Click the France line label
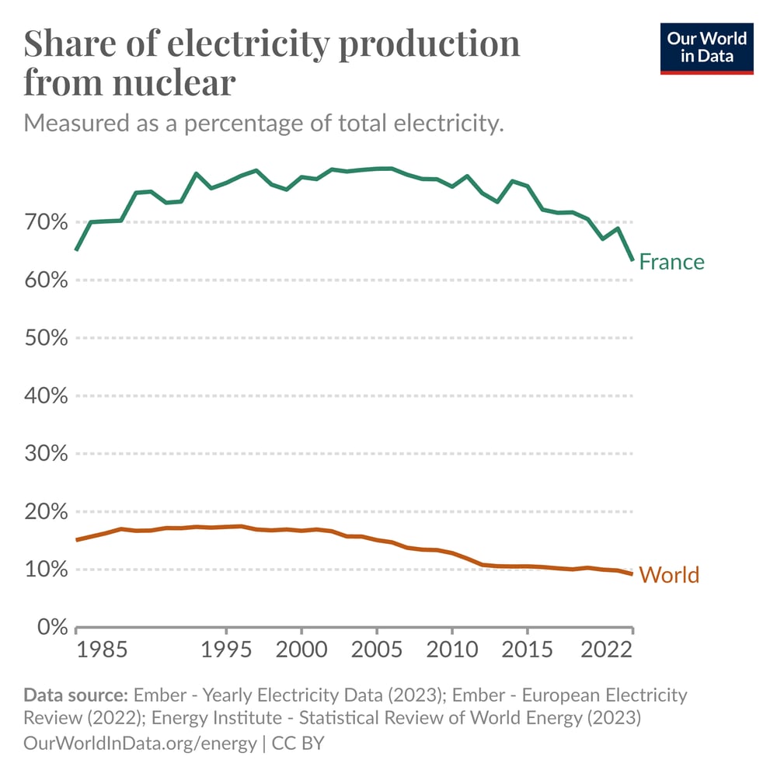click(x=671, y=262)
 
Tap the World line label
click(x=669, y=576)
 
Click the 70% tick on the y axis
click(x=46, y=222)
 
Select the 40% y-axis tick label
click(x=46, y=395)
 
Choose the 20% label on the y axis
click(x=46, y=511)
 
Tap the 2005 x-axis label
click(x=377, y=650)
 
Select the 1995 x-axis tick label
click(x=226, y=650)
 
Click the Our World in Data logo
click(x=706, y=48)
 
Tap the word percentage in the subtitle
click(x=256, y=123)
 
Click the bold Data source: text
click(x=75, y=694)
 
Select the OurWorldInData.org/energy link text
click(x=140, y=743)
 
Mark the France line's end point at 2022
click(x=632, y=259)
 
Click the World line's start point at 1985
click(x=76, y=539)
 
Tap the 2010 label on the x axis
click(x=452, y=650)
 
